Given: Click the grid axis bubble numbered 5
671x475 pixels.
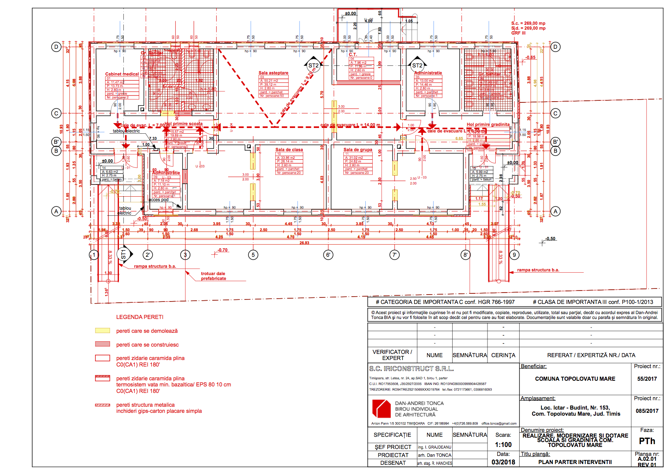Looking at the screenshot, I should coord(253,255).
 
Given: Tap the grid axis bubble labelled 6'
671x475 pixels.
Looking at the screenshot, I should coord(328,255).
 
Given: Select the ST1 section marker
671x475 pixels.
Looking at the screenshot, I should coord(123,255).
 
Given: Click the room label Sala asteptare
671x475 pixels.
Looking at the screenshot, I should coord(273,73).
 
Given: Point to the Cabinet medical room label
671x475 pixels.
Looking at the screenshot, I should coord(122,74).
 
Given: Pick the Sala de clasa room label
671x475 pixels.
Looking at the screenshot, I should coord(289,150).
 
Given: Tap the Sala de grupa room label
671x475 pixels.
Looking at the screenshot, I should coord(358,150).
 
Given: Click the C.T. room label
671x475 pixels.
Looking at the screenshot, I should coord(353,54).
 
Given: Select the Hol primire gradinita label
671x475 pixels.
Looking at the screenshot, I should coord(488,125).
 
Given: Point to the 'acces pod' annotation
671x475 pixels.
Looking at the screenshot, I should coord(158,200).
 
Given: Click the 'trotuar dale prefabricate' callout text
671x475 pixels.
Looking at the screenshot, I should coord(213,276).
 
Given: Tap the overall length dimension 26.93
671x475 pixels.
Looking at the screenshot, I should coord(304,243).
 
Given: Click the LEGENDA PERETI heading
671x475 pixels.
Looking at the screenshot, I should coord(140,317).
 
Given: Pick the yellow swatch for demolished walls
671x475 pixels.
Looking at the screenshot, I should coord(102,331).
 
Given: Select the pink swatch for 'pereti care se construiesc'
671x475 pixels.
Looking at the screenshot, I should coord(102,344).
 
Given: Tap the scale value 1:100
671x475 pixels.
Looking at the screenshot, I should coord(503,445).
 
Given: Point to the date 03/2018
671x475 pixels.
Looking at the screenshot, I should coord(503,462).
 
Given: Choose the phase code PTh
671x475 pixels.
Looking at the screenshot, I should coord(647,441).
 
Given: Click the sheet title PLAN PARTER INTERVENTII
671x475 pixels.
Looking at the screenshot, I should coord(575,462).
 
